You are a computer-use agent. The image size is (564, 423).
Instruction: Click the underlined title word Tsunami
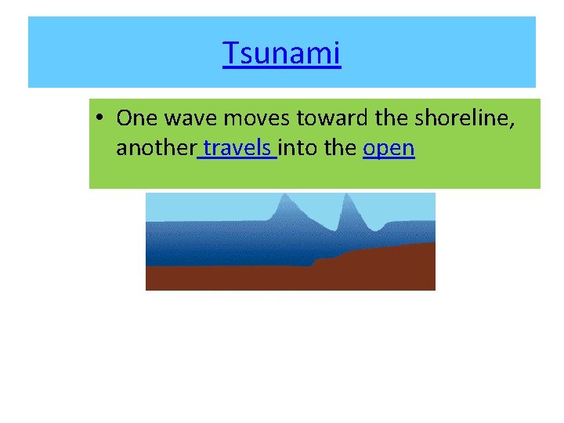click(282, 54)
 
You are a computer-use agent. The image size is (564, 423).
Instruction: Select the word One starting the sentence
click(135, 118)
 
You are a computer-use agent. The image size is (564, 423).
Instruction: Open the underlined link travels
click(237, 147)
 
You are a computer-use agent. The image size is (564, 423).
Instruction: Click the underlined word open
click(389, 147)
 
